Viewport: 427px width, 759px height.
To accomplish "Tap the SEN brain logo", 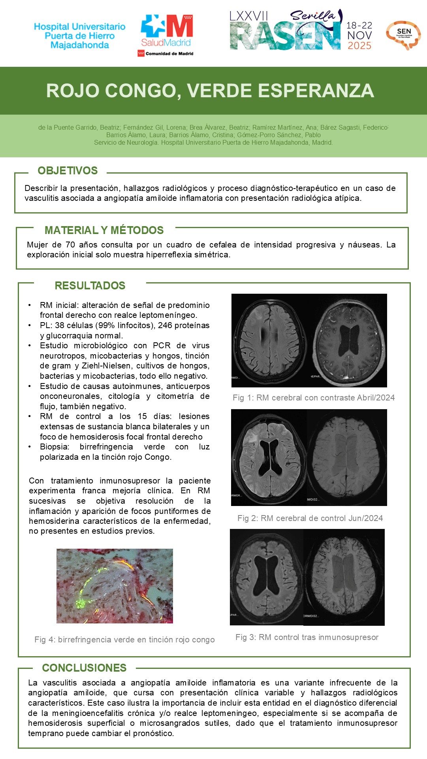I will [403, 35].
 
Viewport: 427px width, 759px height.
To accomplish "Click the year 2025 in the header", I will [359, 46].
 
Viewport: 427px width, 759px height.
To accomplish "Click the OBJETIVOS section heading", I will [68, 171].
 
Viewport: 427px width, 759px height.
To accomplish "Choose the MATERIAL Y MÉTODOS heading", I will [104, 230].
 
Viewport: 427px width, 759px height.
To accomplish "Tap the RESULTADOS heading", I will [90, 285].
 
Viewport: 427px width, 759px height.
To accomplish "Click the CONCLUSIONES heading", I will [84, 668].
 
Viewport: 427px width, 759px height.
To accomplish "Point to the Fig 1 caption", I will [314, 398].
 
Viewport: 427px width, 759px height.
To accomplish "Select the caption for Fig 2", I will [310, 518].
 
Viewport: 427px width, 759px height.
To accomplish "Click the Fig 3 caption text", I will [307, 637].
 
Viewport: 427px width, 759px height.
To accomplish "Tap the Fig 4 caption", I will [124, 640].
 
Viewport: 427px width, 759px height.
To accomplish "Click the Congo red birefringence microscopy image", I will [115, 586].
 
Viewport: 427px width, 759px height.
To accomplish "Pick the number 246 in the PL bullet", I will [165, 325].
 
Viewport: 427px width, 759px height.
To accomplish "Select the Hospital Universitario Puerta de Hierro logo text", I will [80, 36].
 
